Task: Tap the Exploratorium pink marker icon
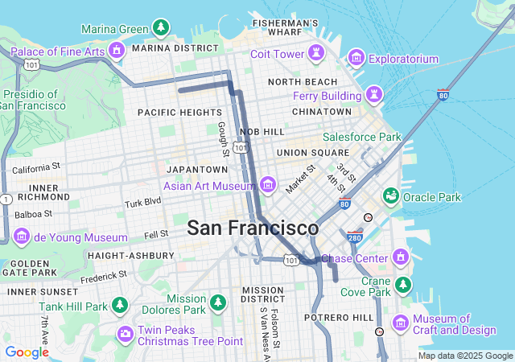[356, 59]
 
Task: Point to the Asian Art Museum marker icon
[268, 186]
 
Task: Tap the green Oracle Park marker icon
[391, 196]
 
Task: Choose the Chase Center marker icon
[401, 258]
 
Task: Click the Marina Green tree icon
[162, 28]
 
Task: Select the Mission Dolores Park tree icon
[218, 302]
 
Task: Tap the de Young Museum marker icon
[22, 237]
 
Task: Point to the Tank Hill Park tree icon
[120, 306]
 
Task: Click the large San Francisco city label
[253, 228]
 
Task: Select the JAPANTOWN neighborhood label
[197, 170]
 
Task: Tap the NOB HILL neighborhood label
[262, 131]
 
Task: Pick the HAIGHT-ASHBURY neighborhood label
[130, 255]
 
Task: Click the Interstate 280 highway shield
[355, 237]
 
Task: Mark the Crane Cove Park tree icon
[402, 286]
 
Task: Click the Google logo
[27, 352]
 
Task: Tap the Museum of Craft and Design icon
[401, 323]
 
